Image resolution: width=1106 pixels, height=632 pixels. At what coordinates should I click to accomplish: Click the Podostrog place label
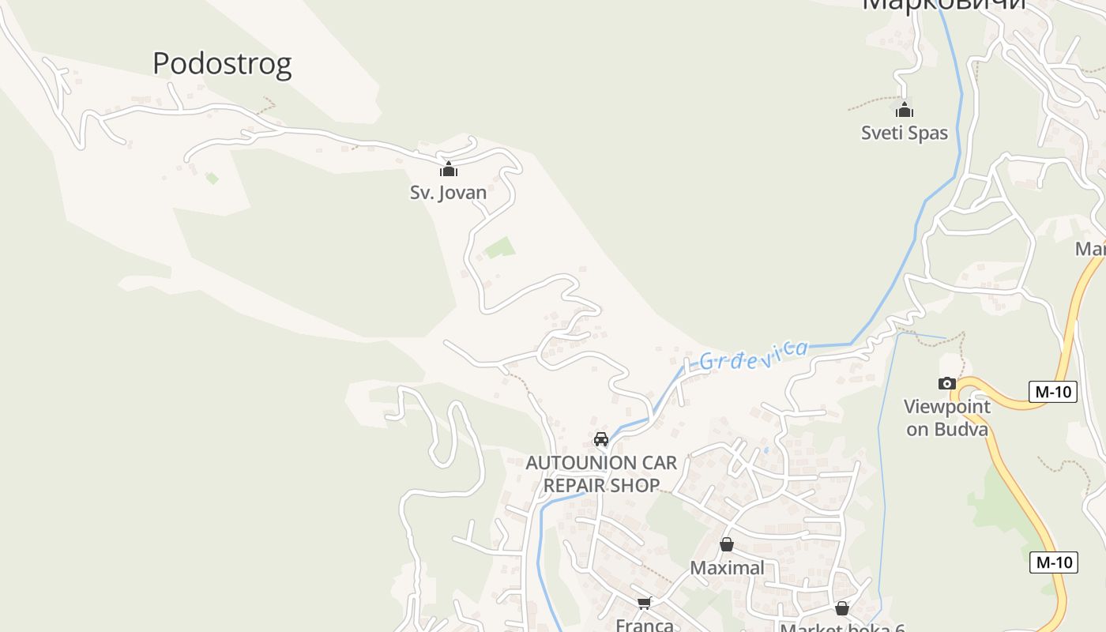point(222,63)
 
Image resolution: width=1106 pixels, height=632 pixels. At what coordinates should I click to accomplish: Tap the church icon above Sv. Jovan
point(449,169)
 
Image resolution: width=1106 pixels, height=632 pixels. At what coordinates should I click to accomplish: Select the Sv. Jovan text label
point(448,192)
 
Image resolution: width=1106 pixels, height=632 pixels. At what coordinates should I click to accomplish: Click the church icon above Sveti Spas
point(905,110)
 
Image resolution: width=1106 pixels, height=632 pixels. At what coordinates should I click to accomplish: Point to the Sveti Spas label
point(905,133)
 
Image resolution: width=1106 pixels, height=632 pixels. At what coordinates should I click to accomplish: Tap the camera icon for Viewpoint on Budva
point(946,384)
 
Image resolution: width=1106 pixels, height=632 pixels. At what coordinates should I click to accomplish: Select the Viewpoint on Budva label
point(946,418)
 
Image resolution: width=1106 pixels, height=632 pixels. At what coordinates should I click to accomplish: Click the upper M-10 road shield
point(1053,391)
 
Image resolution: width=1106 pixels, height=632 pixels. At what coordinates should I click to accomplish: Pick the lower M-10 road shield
point(1054,562)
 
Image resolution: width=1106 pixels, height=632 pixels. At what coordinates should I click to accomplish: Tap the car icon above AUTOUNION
point(601,439)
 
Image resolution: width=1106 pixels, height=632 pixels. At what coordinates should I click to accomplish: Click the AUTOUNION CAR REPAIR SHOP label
point(601,473)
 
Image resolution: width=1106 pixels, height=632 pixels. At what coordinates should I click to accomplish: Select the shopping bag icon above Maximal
point(727,544)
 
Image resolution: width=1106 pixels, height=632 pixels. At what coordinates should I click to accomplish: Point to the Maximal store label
point(727,567)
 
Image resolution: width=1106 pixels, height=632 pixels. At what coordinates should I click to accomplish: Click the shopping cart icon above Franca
point(645,604)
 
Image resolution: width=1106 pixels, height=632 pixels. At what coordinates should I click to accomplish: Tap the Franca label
point(645,625)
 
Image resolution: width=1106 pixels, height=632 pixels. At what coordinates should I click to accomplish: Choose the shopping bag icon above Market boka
point(842,608)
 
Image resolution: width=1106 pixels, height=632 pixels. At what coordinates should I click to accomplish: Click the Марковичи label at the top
point(943,5)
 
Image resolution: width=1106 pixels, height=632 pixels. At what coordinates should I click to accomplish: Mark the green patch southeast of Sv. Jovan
point(500,248)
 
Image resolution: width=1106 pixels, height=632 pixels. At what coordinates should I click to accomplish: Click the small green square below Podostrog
point(212,179)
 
